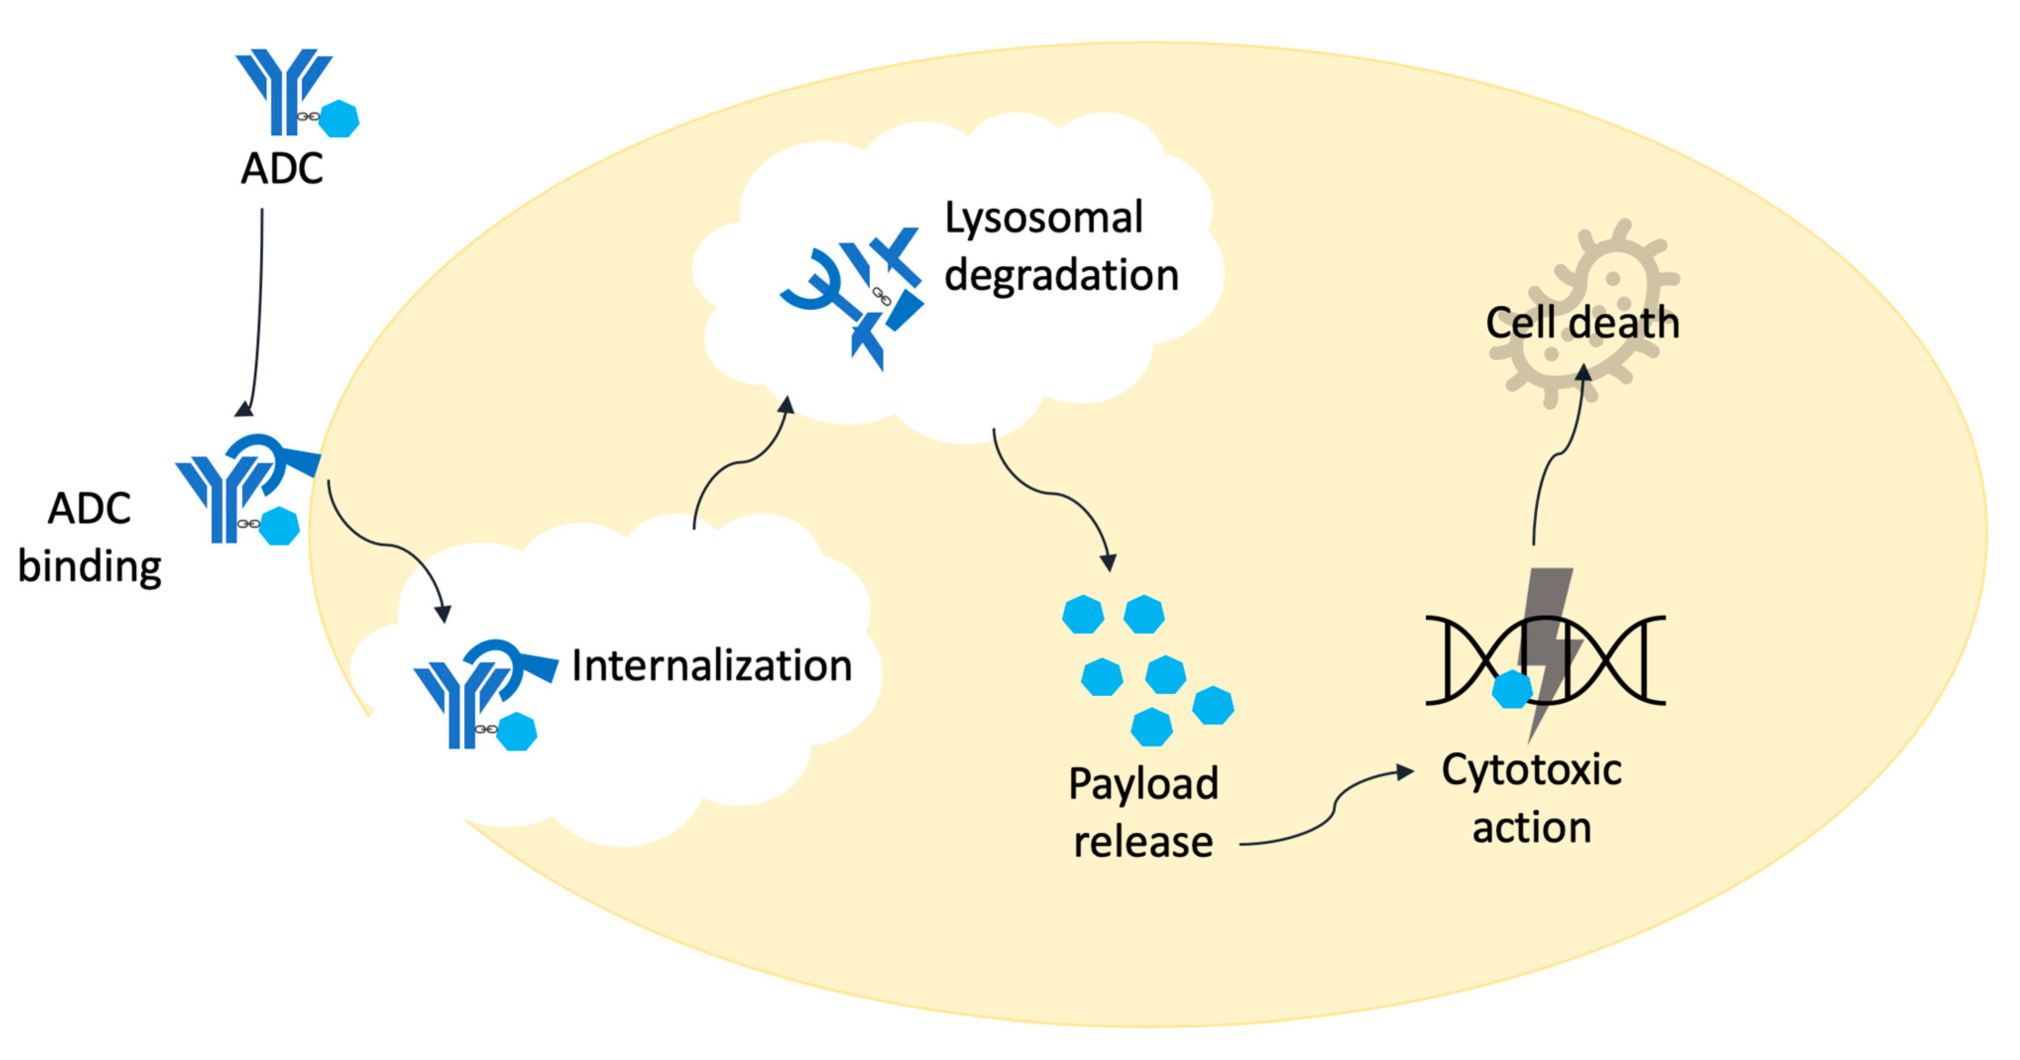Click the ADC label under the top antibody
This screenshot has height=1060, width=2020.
tap(281, 168)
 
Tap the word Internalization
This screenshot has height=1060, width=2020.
tap(711, 666)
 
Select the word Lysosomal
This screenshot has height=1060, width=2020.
tap(1043, 218)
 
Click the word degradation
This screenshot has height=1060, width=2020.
tap(1061, 275)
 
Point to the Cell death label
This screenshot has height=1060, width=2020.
tap(1582, 323)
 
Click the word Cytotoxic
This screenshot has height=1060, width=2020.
tap(1531, 770)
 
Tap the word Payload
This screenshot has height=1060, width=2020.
tap(1143, 784)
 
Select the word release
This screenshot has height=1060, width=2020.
tap(1143, 842)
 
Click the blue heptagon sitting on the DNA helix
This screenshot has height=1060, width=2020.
tap(1511, 690)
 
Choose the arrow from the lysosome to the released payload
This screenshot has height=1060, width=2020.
tap(1051, 494)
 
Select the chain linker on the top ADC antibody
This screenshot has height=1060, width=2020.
tap(308, 117)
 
